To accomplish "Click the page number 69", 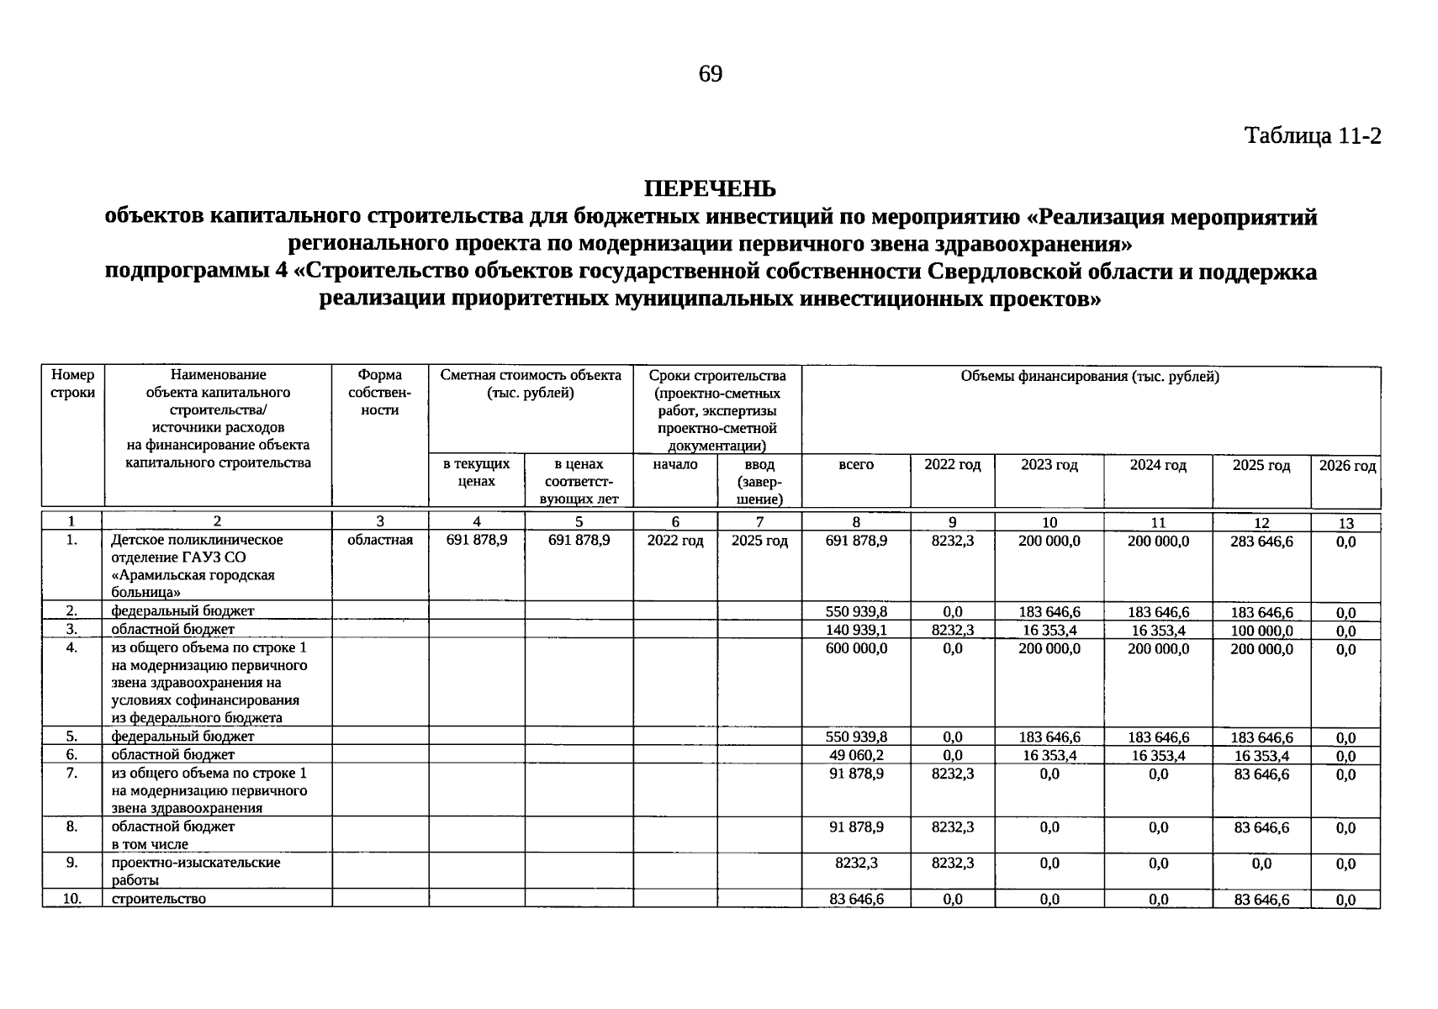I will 710,75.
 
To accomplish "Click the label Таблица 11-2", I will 1312,136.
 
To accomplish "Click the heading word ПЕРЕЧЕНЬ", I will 710,188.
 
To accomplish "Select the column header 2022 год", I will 952,465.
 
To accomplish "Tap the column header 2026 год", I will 1346,466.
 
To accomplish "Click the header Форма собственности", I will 379,393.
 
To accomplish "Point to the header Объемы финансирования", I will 1090,377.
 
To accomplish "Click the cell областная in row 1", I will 380,541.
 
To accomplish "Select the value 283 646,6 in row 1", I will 1261,541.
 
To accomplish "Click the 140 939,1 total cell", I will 856,630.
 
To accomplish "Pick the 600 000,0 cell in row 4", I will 856,648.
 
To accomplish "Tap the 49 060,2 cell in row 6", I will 856,755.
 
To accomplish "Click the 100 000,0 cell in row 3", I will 1261,631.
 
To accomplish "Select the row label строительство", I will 158,899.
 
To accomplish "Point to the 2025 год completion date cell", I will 759,541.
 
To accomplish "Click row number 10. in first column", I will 72,899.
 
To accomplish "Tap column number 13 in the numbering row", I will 1345,523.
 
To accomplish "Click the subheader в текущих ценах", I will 477,473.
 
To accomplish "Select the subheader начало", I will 675,465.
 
